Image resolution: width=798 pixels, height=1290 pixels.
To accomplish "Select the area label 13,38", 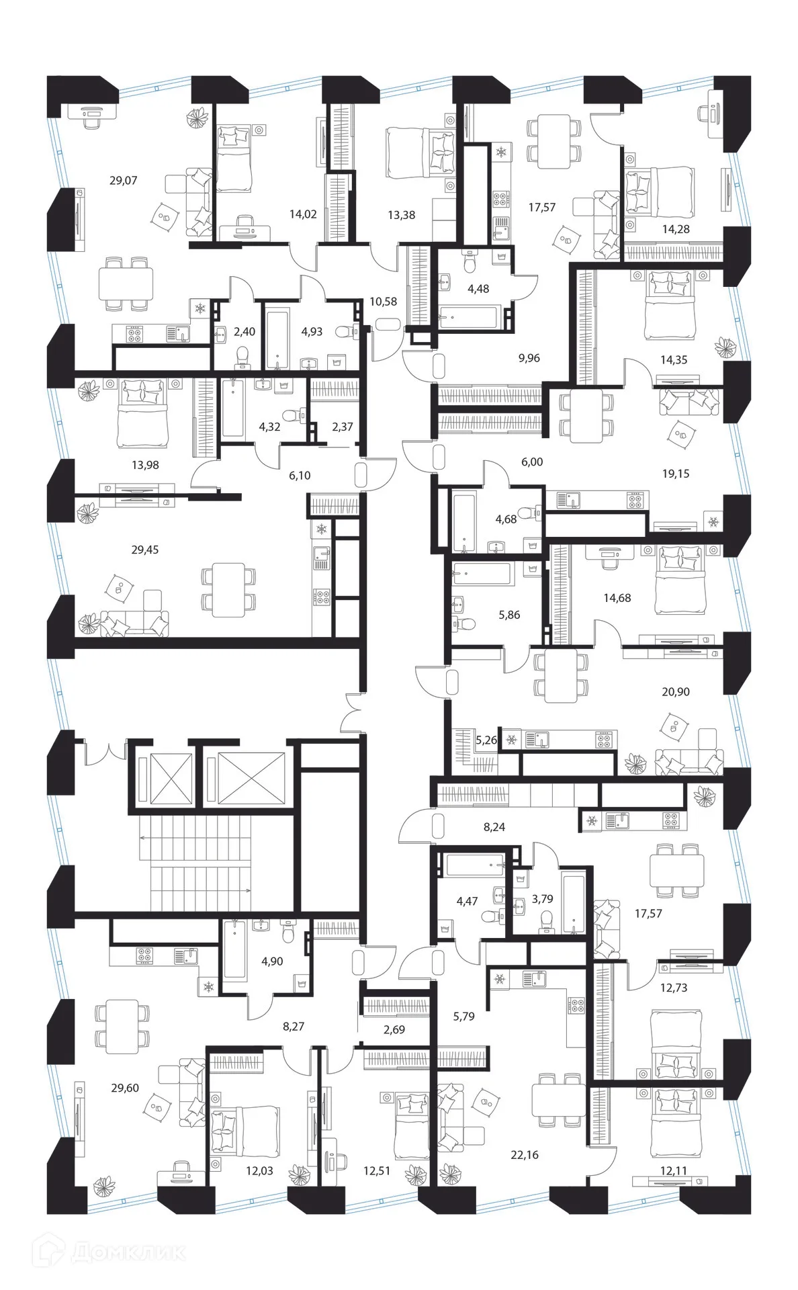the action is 401,215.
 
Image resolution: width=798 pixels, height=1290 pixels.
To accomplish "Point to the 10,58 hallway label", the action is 383,302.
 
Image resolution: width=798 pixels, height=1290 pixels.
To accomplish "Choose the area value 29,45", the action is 144,550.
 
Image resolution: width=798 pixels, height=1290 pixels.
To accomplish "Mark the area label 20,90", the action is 675,692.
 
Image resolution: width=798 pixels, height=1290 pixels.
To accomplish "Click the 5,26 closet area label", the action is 486,740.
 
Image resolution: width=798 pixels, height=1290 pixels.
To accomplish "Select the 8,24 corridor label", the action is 494,827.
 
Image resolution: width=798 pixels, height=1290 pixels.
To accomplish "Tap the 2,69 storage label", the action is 394,1029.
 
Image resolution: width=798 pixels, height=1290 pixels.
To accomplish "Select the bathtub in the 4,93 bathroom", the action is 276,338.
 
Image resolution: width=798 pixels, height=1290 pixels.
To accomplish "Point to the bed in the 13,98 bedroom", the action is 141,414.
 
